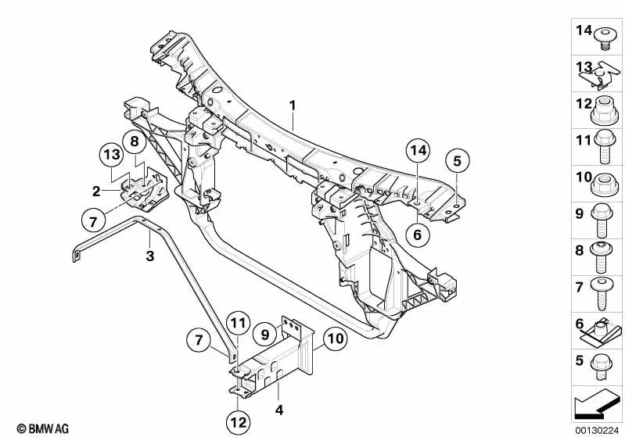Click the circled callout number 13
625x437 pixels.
[112, 154]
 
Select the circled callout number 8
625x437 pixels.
[135, 141]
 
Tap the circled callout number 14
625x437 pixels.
[418, 151]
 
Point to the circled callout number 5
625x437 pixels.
[457, 160]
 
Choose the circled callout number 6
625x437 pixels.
[418, 235]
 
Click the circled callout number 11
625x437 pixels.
[239, 323]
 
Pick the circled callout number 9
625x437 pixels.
[265, 334]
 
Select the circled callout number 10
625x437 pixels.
[335, 338]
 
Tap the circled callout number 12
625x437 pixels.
[239, 423]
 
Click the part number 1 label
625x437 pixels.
[293, 106]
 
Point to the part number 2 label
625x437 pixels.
[96, 192]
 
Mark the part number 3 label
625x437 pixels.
[150, 256]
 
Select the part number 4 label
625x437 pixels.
[279, 410]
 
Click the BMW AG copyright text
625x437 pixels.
[43, 428]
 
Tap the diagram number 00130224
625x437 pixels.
[597, 430]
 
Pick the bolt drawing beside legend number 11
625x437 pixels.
[605, 147]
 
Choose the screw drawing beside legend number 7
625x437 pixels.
[602, 294]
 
